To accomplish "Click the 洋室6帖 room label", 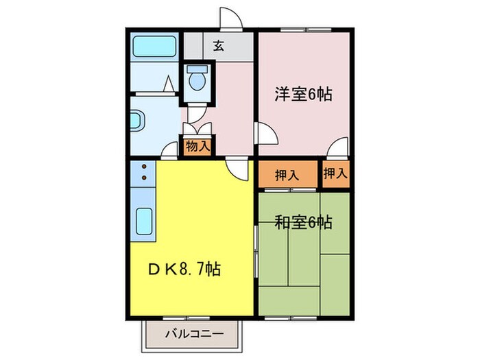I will (303, 94).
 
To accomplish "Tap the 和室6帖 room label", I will (303, 222).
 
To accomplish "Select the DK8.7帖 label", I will (185, 268).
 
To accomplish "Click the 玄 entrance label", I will (218, 46).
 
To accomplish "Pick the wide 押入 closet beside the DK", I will (287, 174).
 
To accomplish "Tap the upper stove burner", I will (145, 166).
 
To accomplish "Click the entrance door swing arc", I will (229, 17).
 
